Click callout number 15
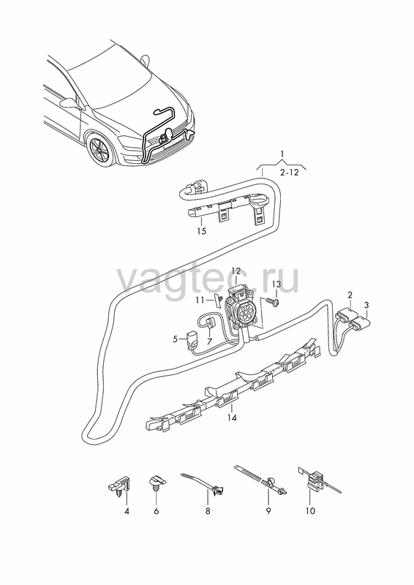pyautogui.click(x=201, y=231)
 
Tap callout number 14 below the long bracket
pyautogui.click(x=232, y=418)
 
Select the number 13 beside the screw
pyautogui.click(x=276, y=284)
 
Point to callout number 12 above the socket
pyautogui.click(x=236, y=271)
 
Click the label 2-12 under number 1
pyautogui.click(x=290, y=173)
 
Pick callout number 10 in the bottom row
pyautogui.click(x=310, y=510)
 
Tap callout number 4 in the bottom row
pyautogui.click(x=127, y=510)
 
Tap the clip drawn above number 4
pyautogui.click(x=118, y=486)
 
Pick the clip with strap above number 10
pyautogui.click(x=317, y=481)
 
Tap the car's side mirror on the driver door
pyautogui.click(x=70, y=103)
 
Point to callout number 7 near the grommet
pyautogui.click(x=209, y=341)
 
